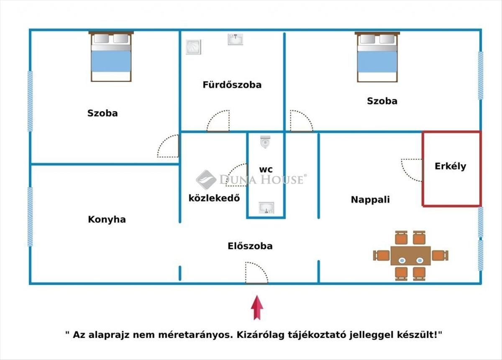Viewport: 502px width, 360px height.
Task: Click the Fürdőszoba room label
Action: tap(232, 85)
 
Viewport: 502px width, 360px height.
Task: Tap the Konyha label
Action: tap(107, 219)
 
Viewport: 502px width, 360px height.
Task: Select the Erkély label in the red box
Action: tap(451, 166)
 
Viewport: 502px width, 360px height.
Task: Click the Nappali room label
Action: tap(370, 200)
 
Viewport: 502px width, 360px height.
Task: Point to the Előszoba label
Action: tap(250, 246)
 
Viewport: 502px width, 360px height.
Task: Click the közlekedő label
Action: tap(214, 198)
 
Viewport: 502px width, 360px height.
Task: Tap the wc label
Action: tap(266, 170)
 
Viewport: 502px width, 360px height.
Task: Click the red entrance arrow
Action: tap(257, 307)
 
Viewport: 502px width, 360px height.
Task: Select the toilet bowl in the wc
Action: tap(265, 141)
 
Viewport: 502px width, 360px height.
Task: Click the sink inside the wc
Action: tap(266, 207)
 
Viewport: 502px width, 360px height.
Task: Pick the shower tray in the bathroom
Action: tap(193, 47)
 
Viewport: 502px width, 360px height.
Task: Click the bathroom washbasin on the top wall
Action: tap(236, 39)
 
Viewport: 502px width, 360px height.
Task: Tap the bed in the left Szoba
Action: tap(111, 57)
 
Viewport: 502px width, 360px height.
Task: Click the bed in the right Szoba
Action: tap(377, 57)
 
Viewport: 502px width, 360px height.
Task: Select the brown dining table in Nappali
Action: tap(410, 255)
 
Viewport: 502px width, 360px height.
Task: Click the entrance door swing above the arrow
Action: tap(255, 273)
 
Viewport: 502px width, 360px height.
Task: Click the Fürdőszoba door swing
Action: tap(219, 121)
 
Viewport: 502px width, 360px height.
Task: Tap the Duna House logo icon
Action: tap(206, 180)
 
